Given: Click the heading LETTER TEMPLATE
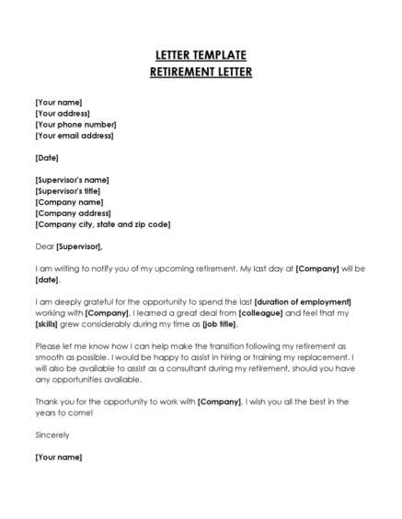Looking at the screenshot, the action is [x=201, y=54].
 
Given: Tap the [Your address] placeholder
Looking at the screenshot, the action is [x=63, y=113].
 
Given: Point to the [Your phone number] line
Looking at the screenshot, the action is [x=75, y=124].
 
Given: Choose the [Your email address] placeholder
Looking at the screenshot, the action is [x=75, y=135].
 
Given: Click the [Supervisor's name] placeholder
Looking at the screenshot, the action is [x=72, y=180].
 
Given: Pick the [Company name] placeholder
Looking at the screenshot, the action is [x=69, y=202].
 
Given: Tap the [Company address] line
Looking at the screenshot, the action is [x=74, y=213].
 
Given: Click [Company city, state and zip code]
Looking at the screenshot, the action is [x=102, y=224].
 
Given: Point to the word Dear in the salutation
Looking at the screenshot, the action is [x=44, y=246].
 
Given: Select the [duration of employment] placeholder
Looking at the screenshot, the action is [x=303, y=302].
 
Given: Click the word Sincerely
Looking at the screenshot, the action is [x=52, y=434].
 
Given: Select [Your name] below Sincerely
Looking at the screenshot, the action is [x=59, y=457].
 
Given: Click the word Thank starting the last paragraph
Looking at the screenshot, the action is [x=46, y=401].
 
